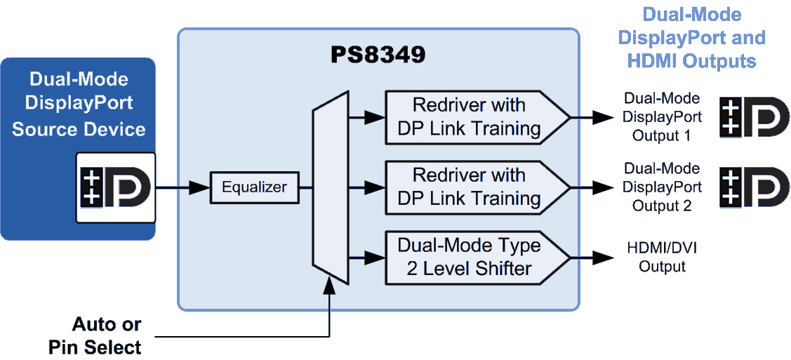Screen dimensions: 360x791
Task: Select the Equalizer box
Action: (254, 187)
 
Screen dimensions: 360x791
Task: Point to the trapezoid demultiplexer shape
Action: (330, 187)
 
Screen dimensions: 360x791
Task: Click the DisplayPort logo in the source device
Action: (116, 187)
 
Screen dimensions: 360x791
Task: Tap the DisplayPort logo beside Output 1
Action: (755, 117)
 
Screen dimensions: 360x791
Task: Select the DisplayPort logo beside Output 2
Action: (755, 187)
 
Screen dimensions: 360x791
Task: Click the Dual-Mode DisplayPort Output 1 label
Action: (662, 117)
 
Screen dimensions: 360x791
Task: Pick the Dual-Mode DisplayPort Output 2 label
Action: (662, 187)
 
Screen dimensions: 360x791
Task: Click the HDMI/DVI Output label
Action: (662, 257)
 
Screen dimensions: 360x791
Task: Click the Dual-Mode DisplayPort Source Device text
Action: (79, 104)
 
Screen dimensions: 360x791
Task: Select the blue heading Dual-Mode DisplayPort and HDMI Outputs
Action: (692, 38)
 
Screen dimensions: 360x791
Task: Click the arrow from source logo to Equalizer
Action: (182, 187)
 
